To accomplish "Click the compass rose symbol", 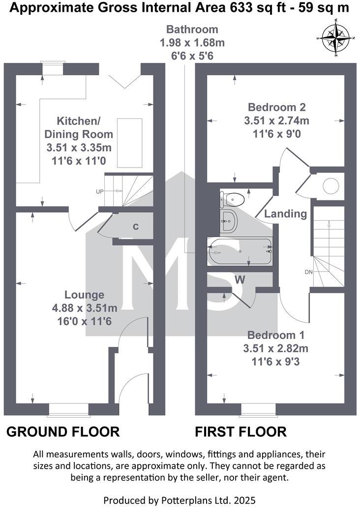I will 336,37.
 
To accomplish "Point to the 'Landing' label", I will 285,214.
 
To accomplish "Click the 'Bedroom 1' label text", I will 275,336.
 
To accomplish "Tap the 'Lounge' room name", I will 85,295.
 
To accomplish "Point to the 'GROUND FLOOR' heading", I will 63,432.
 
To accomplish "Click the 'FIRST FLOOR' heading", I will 241,432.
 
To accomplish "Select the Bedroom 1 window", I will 258,409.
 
